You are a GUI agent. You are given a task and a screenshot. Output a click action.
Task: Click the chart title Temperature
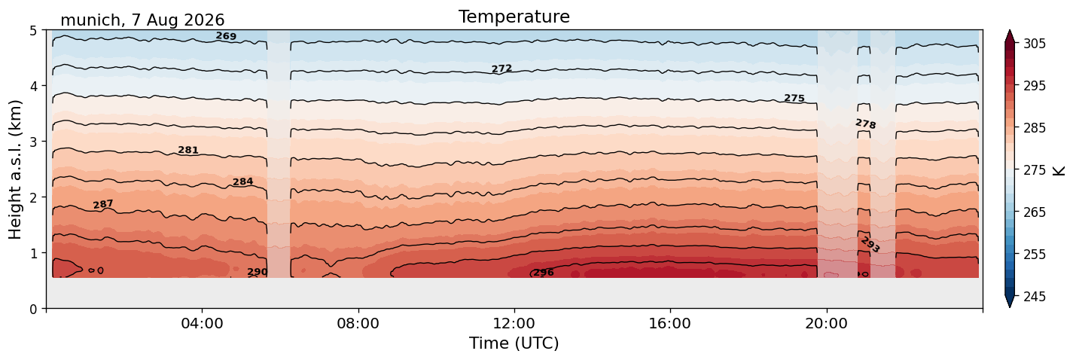click(x=514, y=17)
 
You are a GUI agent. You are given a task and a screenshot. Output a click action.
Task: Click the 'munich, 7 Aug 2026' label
click(x=142, y=20)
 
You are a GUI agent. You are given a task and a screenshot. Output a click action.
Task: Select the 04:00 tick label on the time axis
click(x=202, y=323)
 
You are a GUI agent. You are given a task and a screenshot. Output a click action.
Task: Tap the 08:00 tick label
click(x=358, y=323)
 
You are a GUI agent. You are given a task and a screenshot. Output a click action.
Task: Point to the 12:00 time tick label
click(x=514, y=323)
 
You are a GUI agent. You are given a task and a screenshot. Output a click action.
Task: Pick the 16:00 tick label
click(x=670, y=323)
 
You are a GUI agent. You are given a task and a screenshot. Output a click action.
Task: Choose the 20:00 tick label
click(x=826, y=323)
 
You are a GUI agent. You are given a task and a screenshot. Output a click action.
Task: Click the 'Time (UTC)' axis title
click(x=514, y=343)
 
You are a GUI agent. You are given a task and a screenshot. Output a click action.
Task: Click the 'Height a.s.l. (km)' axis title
click(x=15, y=169)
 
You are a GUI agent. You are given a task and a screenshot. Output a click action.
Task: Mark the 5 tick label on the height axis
click(x=34, y=31)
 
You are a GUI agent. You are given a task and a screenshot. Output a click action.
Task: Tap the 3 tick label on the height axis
click(x=34, y=142)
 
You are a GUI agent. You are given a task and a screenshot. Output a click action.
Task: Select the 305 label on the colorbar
click(x=1035, y=44)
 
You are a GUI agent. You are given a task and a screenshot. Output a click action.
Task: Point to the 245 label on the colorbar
click(x=1035, y=297)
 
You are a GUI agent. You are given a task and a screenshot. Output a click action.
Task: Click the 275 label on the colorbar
click(x=1035, y=170)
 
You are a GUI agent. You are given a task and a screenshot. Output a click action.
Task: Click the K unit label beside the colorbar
click(x=1059, y=171)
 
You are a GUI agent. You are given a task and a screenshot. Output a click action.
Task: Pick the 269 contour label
click(x=226, y=36)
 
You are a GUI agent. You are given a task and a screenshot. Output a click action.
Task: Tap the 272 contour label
click(x=501, y=69)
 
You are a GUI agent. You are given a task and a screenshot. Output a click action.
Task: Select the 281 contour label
click(x=187, y=150)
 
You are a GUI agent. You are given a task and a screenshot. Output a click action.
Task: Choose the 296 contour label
click(x=544, y=273)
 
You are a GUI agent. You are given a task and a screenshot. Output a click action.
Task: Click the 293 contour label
click(x=870, y=245)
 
